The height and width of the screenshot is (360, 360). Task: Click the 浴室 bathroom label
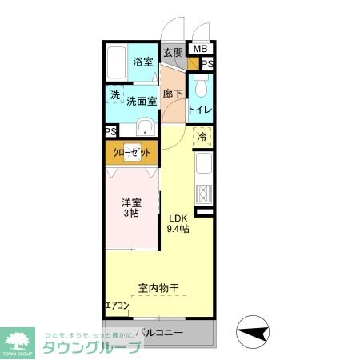pos(143,62)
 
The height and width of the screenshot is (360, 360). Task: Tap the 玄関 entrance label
pos(173,53)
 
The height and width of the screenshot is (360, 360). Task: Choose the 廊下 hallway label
pos(173,94)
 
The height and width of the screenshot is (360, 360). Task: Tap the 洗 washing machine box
pos(114,95)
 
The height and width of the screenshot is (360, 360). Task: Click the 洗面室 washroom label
pos(141,102)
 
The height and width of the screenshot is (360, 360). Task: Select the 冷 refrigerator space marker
pos(202,136)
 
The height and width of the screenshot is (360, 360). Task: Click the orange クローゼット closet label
pos(130,152)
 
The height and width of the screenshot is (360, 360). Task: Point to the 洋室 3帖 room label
pos(130,208)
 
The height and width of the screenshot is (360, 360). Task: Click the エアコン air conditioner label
pos(117,306)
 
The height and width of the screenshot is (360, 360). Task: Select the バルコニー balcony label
pos(159,331)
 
